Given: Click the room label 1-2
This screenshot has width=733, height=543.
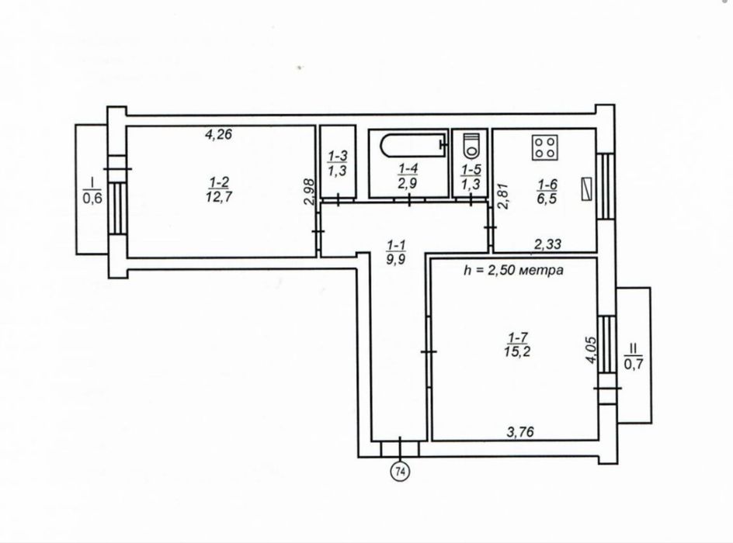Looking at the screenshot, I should click(218, 182).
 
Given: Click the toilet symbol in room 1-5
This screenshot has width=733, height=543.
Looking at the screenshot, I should click(468, 145).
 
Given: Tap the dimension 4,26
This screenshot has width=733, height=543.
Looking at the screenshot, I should click(219, 133).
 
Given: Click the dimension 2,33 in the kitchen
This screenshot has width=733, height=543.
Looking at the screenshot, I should click(547, 244).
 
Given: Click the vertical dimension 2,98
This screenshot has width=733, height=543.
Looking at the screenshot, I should click(309, 192).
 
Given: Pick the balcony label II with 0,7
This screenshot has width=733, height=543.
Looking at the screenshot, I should click(634, 355).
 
